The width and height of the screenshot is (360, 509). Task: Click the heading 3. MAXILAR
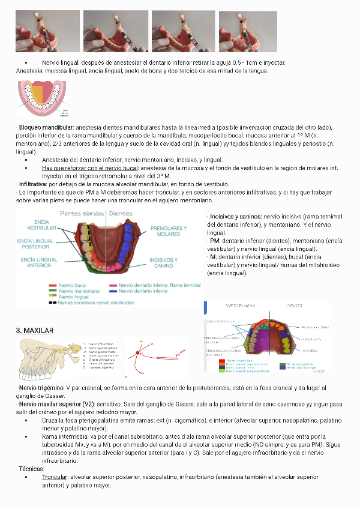(x=35, y=331)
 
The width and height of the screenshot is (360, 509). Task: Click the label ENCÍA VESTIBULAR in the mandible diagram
(x=42, y=224)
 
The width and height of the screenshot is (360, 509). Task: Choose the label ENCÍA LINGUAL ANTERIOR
(x=39, y=262)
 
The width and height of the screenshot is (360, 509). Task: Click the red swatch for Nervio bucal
(x=53, y=285)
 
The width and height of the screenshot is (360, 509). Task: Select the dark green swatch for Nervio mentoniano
(x=53, y=291)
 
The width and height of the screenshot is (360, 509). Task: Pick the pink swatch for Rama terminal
(x=113, y=285)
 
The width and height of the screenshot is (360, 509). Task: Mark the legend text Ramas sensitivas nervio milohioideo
(x=96, y=303)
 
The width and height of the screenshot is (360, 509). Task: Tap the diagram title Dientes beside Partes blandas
(x=121, y=213)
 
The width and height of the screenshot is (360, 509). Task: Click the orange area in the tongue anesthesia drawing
(x=38, y=94)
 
